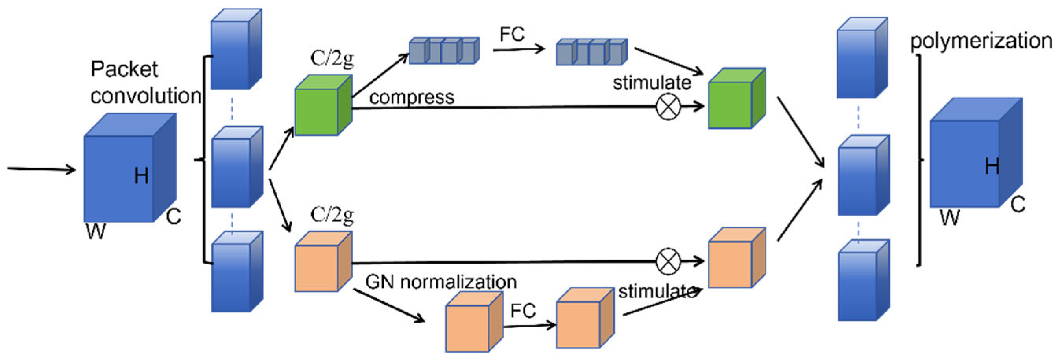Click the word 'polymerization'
(981, 42)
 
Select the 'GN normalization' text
(441, 282)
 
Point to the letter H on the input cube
(141, 176)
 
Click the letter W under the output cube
(950, 217)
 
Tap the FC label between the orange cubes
(523, 310)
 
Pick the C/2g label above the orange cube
(332, 214)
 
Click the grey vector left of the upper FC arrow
(443, 51)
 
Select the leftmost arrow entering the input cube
(41, 169)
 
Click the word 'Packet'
(124, 69)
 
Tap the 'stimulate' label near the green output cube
(651, 83)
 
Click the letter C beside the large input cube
(174, 216)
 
